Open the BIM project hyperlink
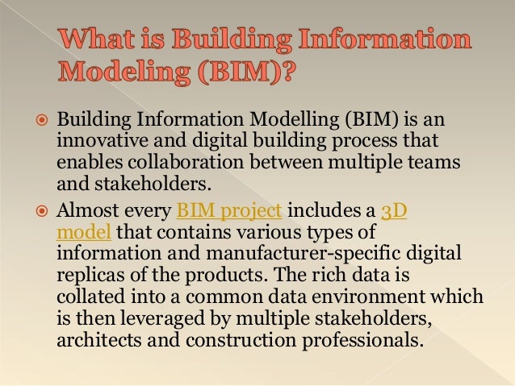pyautogui.click(x=228, y=213)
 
